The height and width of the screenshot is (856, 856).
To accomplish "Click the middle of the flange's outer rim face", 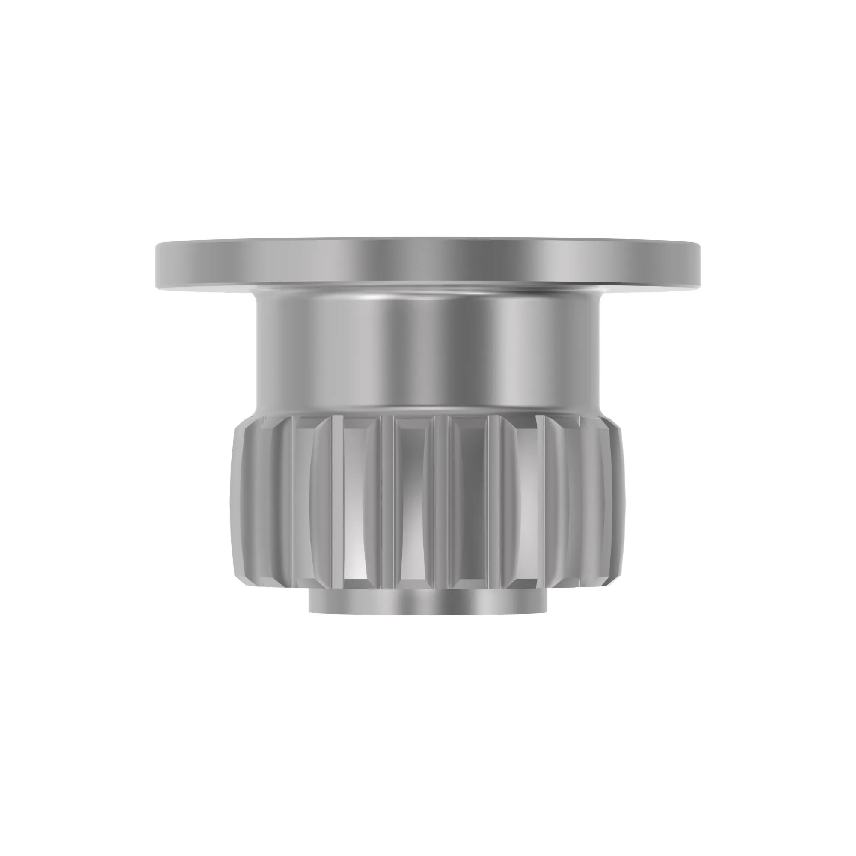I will (x=428, y=264).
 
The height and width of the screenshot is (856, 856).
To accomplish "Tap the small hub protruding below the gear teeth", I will (x=427, y=602).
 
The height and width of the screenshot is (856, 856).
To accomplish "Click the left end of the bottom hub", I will (x=310, y=602).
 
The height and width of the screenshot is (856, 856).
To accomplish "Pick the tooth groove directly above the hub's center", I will (x=412, y=501).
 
